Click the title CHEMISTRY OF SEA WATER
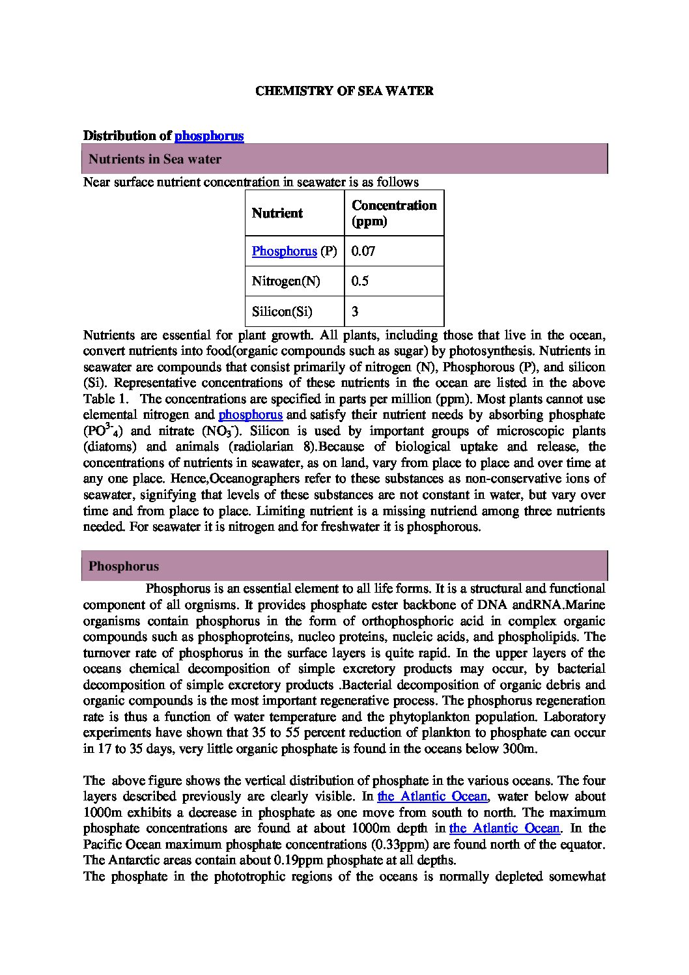click(x=344, y=91)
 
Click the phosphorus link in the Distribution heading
click(x=209, y=136)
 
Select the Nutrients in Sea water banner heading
click(x=155, y=160)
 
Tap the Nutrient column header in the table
click(x=277, y=214)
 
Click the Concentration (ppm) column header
click(x=393, y=213)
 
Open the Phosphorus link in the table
click(x=284, y=251)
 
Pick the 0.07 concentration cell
click(x=363, y=251)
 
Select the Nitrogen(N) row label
click(x=285, y=281)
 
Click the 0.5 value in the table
click(x=360, y=281)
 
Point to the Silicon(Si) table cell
click(x=282, y=311)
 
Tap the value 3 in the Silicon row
click(x=355, y=311)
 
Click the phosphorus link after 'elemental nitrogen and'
click(x=250, y=415)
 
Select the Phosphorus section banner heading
click(x=124, y=566)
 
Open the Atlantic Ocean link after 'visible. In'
click(x=432, y=797)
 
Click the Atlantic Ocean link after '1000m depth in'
click(x=504, y=828)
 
